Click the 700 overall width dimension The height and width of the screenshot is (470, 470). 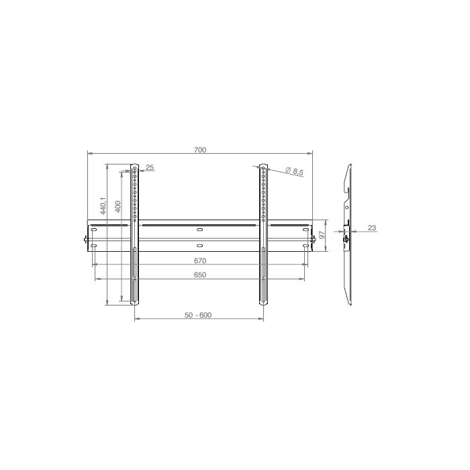200,150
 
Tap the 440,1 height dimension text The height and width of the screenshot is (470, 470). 103,205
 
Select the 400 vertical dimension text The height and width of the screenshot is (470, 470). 117,207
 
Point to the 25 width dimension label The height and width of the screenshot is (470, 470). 150,167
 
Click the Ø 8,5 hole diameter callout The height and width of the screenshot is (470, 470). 294,171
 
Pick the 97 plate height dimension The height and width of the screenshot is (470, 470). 322,234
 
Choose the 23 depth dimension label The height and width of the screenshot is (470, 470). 372,228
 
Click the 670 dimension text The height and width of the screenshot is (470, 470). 200,261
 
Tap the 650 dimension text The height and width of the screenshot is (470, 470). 200,275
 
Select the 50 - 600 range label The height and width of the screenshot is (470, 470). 198,315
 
